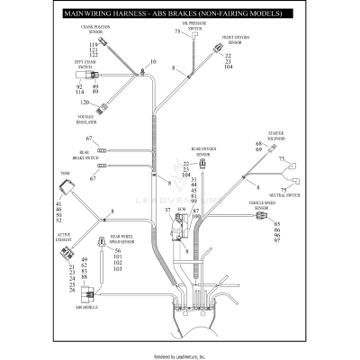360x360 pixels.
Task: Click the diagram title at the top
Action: (x=180, y=15)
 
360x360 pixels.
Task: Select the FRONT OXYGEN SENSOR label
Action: (x=236, y=40)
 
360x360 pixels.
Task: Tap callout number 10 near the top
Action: (x=153, y=61)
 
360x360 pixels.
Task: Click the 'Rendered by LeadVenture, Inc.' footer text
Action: (x=180, y=355)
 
